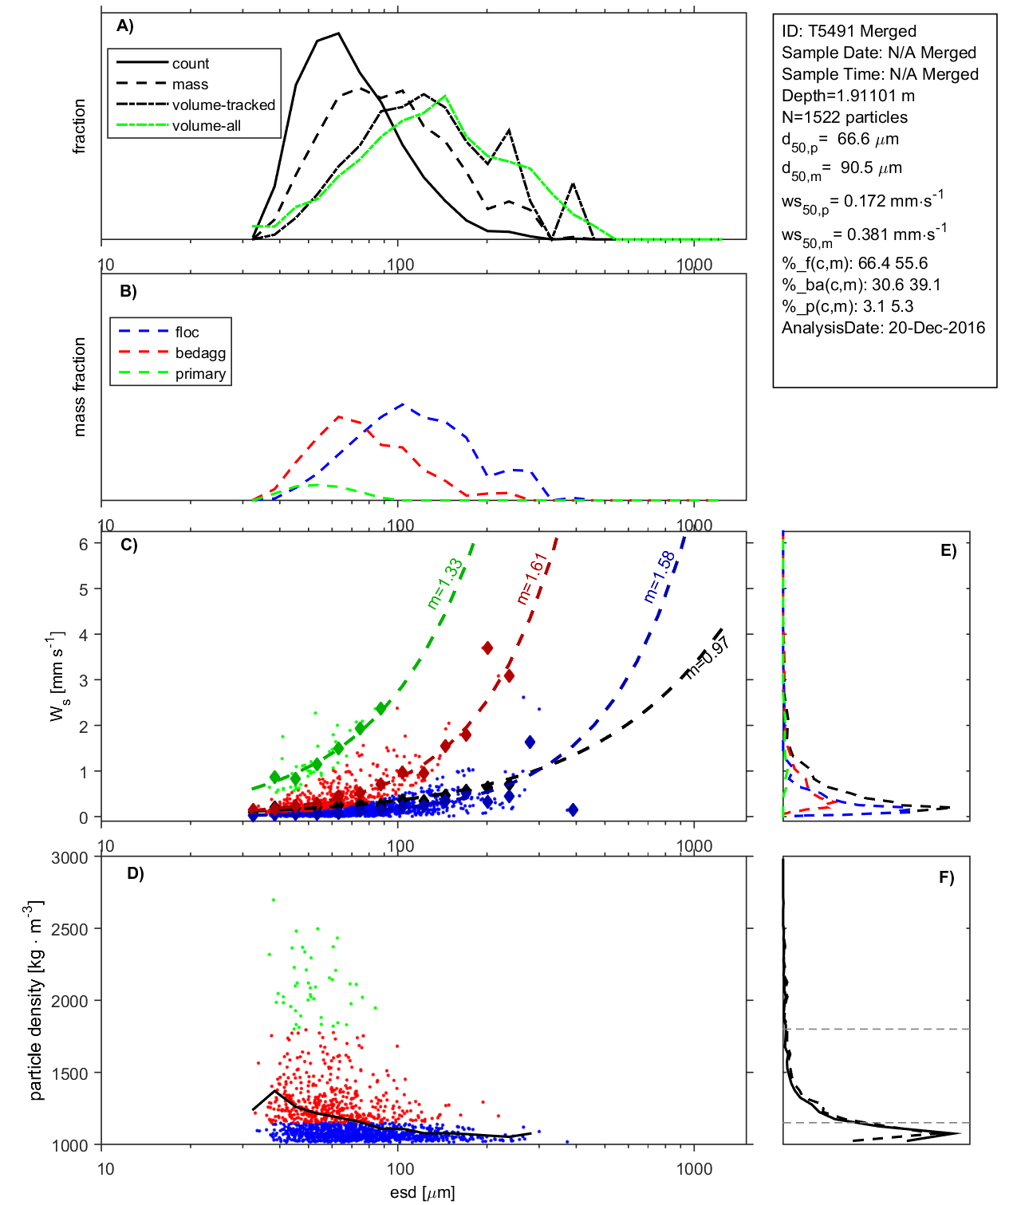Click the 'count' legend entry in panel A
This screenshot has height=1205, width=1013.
pyautogui.click(x=190, y=64)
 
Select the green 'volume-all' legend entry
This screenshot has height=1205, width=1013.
pyautogui.click(x=206, y=126)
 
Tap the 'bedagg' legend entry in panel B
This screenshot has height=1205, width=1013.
pyautogui.click(x=200, y=353)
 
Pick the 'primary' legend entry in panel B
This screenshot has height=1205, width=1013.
pyautogui.click(x=200, y=374)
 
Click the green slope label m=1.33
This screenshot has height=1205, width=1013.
pyautogui.click(x=444, y=584)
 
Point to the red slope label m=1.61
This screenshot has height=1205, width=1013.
pyautogui.click(x=530, y=578)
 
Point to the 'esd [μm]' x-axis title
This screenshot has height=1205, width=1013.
pyautogui.click(x=422, y=1192)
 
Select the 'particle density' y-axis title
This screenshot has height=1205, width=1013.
pyautogui.click(x=35, y=1001)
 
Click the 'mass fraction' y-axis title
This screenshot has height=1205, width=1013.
pyautogui.click(x=79, y=387)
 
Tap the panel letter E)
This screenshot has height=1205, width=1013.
pyautogui.click(x=948, y=550)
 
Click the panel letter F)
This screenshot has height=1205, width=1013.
pyautogui.click(x=946, y=877)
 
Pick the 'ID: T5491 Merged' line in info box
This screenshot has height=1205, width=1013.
pyautogui.click(x=849, y=31)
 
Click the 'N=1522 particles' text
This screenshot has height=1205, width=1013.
pyautogui.click(x=844, y=117)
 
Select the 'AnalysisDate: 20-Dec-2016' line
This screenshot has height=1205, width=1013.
pyautogui.click(x=883, y=328)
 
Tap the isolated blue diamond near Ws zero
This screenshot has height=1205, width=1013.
pyautogui.click(x=572, y=809)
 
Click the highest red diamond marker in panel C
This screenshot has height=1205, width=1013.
pyautogui.click(x=487, y=648)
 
